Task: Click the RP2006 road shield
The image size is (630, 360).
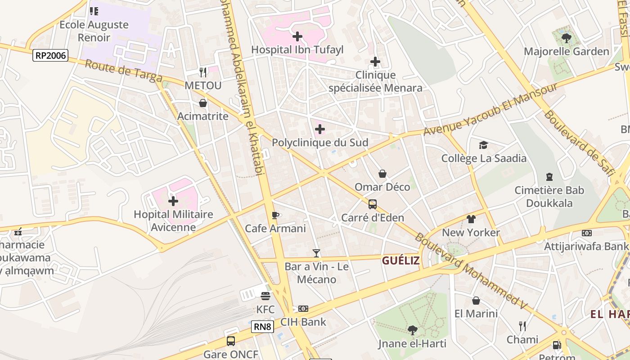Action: click(50, 56)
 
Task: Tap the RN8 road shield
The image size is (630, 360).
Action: click(262, 326)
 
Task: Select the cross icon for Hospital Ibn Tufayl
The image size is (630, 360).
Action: click(297, 36)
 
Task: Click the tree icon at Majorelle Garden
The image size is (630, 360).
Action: click(567, 38)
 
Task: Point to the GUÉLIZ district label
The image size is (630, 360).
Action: click(400, 261)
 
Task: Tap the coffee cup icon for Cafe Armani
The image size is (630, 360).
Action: click(275, 215)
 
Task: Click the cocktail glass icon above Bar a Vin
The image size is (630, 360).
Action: click(316, 253)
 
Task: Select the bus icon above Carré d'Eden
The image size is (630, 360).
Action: click(373, 204)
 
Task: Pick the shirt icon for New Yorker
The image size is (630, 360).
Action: click(471, 219)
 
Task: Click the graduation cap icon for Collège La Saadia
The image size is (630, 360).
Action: click(483, 145)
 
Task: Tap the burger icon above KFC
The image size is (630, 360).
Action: click(265, 296)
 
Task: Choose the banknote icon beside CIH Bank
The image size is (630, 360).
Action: click(303, 309)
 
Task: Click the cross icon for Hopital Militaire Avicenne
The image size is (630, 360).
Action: click(173, 201)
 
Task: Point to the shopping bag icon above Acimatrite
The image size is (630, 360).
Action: click(203, 103)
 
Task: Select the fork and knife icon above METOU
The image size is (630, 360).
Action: click(203, 72)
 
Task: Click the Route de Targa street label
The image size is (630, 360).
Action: click(123, 71)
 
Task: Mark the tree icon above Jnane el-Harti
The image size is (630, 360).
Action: click(412, 330)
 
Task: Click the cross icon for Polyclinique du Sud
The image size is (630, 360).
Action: click(320, 130)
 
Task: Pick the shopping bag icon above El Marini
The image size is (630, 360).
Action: click(476, 301)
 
